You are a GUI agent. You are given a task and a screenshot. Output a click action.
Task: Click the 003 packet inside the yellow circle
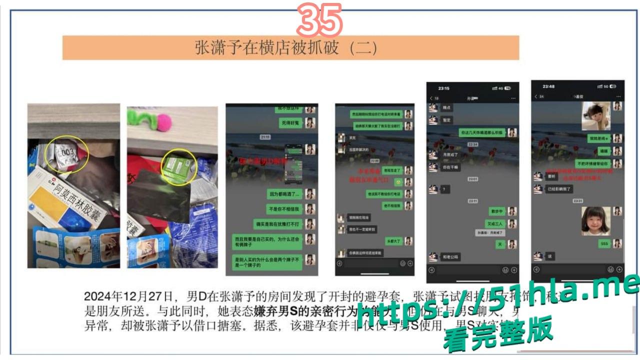tap(66, 152)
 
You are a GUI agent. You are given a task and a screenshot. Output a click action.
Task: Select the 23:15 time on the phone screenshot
tap(443, 88)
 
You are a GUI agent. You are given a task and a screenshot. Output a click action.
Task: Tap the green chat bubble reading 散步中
tap(496, 211)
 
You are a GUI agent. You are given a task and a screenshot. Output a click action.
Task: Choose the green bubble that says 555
tap(603, 243)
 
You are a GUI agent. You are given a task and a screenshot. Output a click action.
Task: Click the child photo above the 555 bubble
tap(595, 221)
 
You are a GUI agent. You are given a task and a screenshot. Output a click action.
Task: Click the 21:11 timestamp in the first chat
tap(265, 136)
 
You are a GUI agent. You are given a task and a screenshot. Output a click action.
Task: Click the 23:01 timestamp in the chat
tap(472, 178)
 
